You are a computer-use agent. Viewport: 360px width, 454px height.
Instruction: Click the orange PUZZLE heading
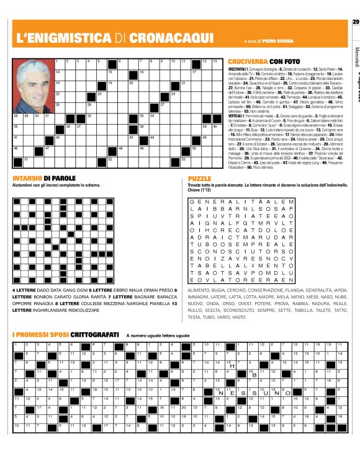point(199,178)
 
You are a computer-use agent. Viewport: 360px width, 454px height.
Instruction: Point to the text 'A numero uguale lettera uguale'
point(158,335)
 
